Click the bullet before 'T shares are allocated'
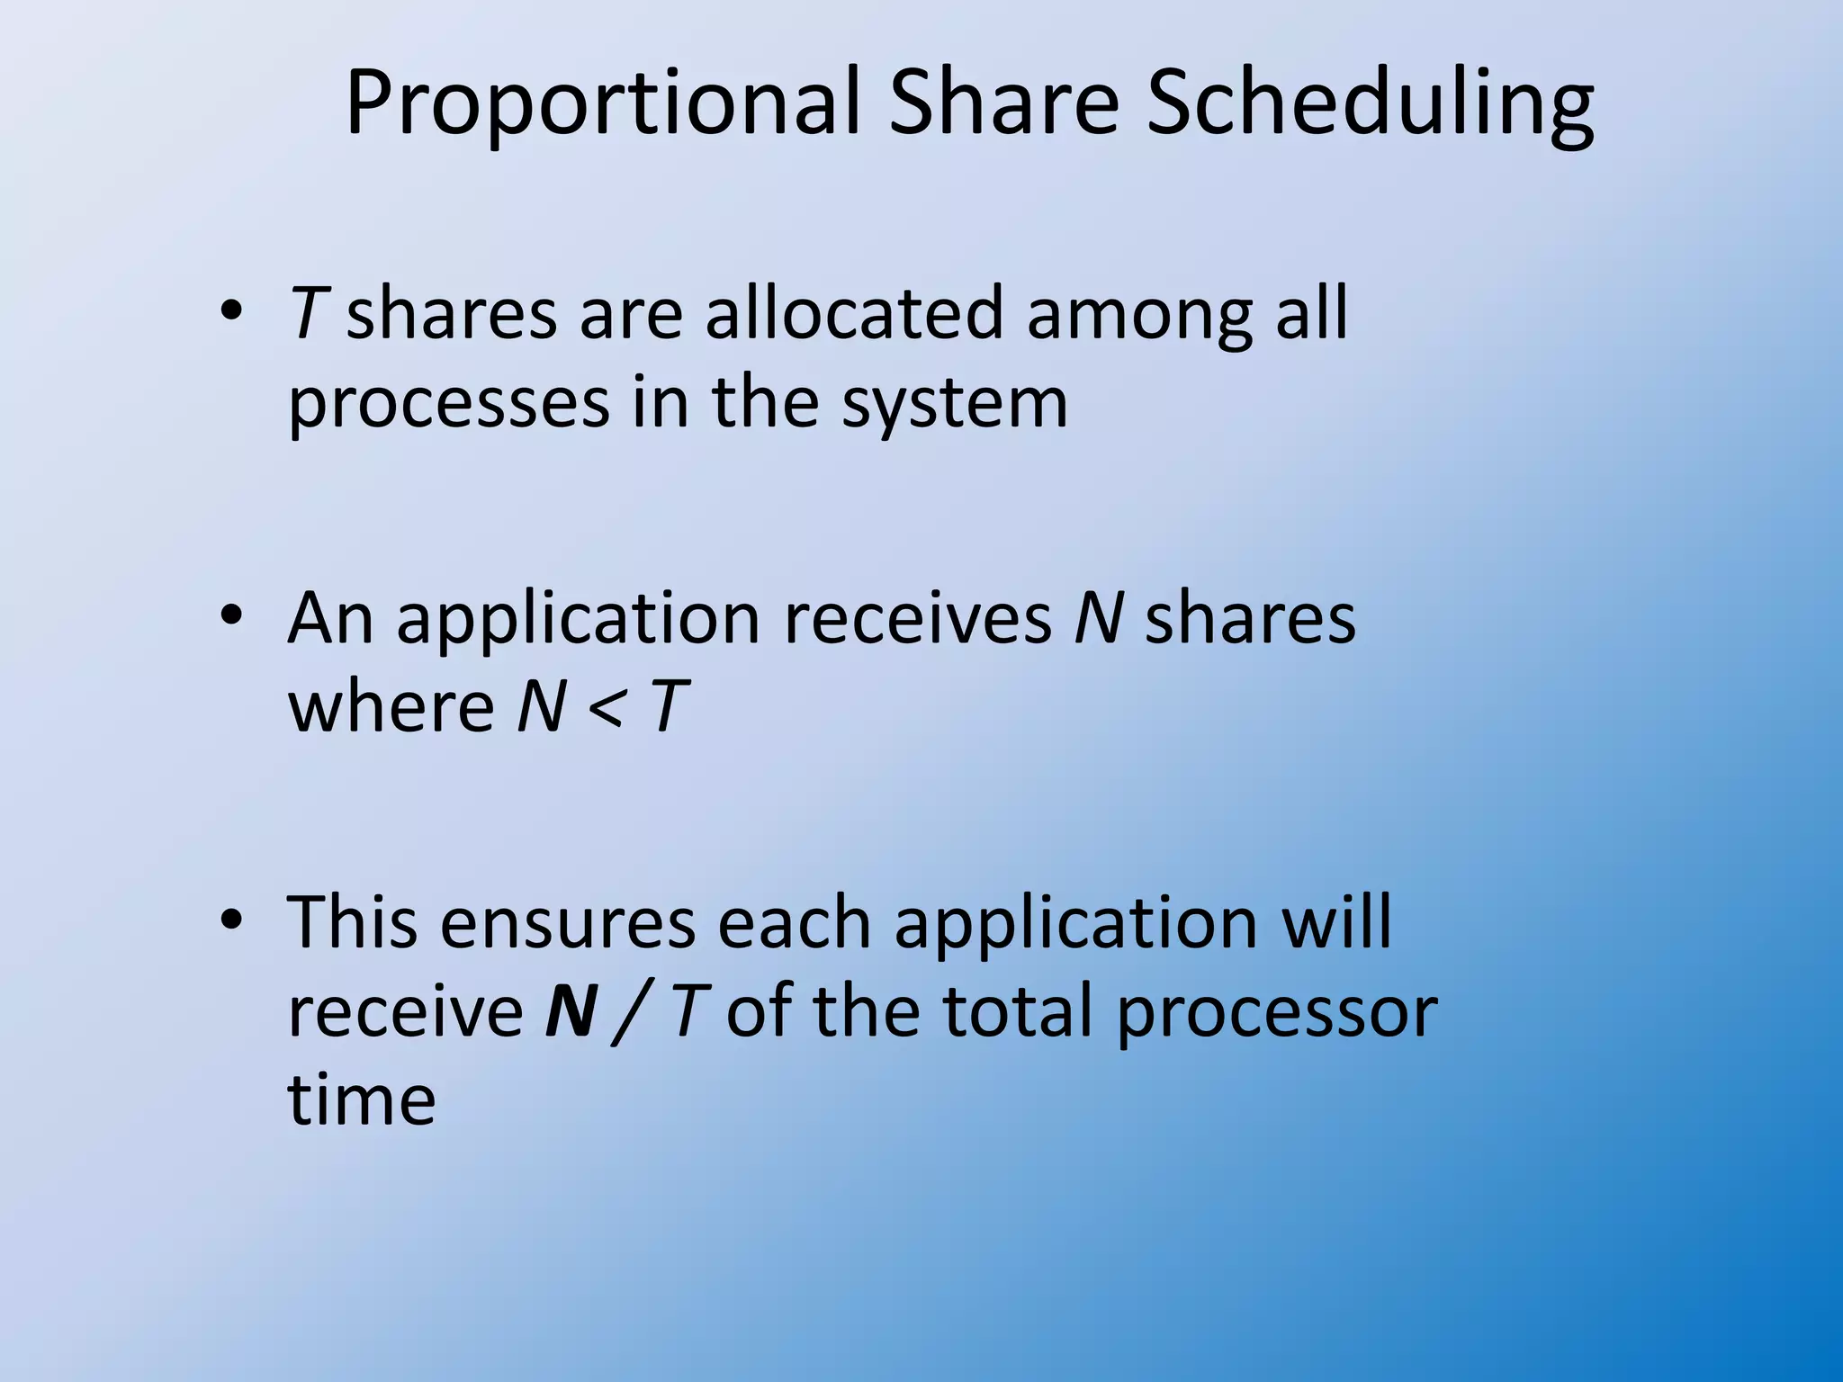coord(231,311)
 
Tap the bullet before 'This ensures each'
coord(231,920)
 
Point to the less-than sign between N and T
coord(605,708)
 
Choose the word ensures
coord(568,923)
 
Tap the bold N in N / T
coord(571,1011)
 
